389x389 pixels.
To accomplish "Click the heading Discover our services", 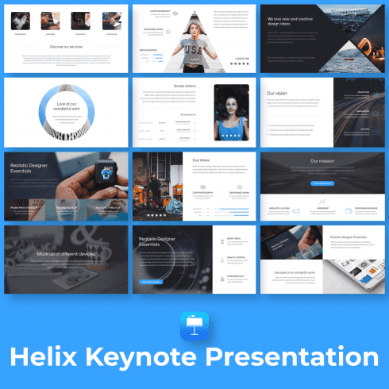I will pyautogui.click(x=65, y=45).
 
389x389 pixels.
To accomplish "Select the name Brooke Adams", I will pyautogui.click(x=184, y=85).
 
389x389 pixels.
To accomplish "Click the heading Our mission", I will pyautogui.click(x=322, y=161).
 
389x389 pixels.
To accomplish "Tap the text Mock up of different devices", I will pyautogui.click(x=65, y=254).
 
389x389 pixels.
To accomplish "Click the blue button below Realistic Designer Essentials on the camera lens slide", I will pyautogui.click(x=151, y=281).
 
